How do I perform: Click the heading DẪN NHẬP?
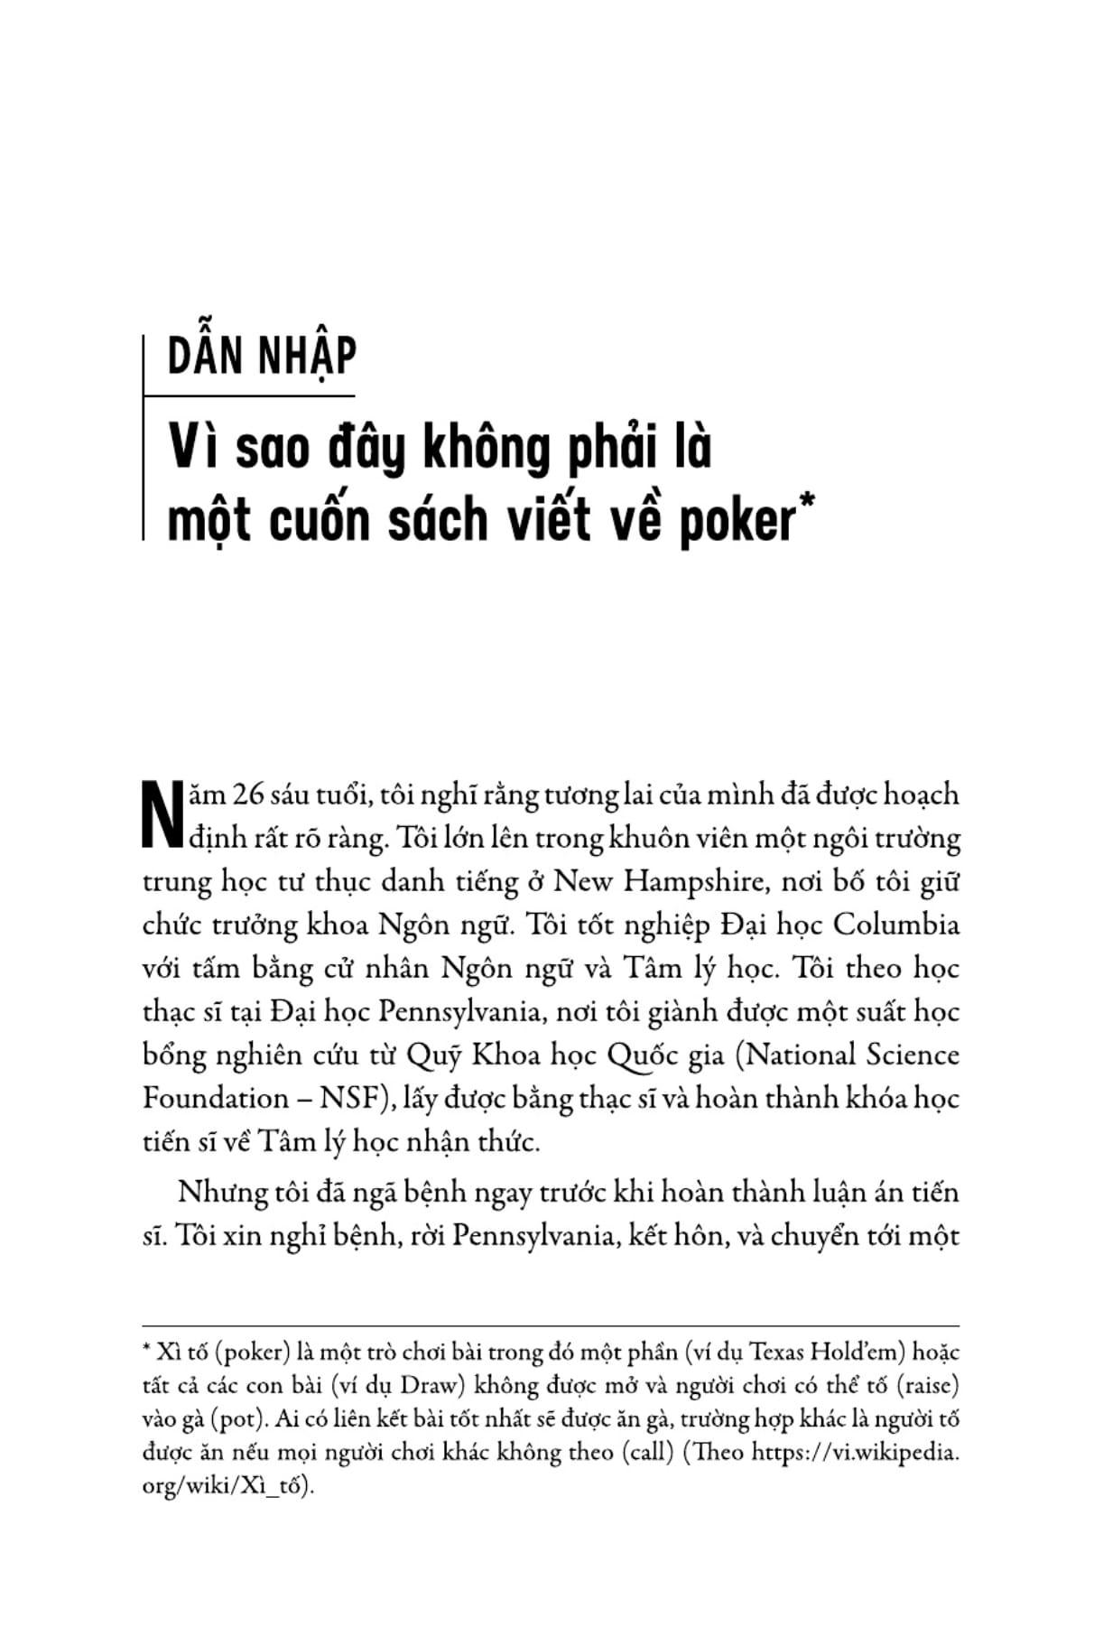coord(262,356)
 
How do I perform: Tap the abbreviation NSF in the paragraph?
coord(347,1099)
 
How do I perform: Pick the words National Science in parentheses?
coord(852,1055)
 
